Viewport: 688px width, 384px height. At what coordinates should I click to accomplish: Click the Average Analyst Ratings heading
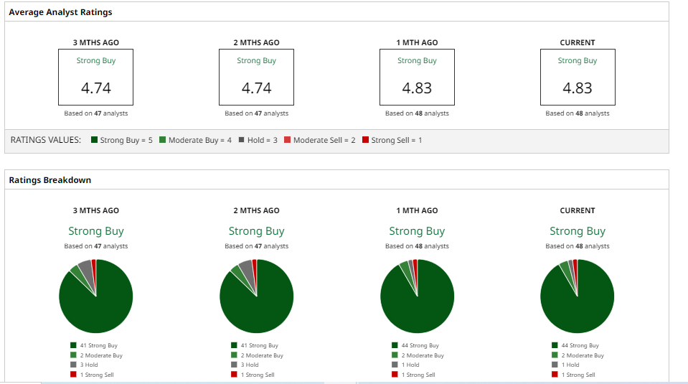[60, 12]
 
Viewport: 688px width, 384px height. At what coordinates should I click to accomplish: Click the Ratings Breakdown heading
[50, 180]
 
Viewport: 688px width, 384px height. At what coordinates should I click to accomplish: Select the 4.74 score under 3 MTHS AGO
[96, 88]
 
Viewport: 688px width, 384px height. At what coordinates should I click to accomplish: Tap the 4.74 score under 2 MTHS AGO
[256, 88]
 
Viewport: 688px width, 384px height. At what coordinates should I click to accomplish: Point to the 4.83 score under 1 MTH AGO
[417, 88]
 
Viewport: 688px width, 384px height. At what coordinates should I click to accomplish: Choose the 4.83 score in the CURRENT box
[578, 88]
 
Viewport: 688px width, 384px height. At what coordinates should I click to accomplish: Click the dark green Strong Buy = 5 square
[94, 140]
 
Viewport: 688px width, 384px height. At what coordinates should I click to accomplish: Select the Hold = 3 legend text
[262, 140]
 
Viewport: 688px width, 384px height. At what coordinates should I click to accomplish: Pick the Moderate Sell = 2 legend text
[324, 140]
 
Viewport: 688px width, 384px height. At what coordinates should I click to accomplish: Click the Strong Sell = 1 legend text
[396, 140]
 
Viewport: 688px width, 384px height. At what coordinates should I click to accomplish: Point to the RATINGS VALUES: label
[45, 140]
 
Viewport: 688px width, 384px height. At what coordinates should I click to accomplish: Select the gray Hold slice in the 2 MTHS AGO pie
[247, 270]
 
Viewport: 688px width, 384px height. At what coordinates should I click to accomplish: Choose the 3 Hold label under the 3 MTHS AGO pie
[89, 365]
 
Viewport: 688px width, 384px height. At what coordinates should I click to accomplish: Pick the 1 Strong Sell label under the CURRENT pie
[578, 375]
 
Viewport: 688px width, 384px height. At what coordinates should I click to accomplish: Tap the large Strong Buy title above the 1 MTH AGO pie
[417, 231]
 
